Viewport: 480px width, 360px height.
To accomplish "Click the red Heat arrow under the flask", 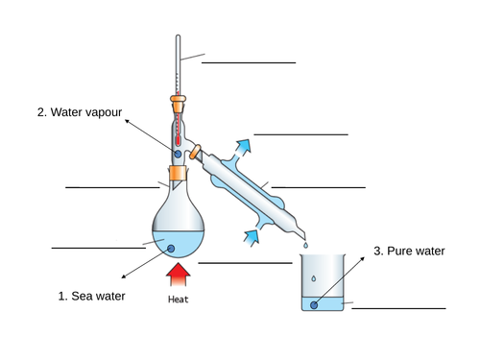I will coord(178,276).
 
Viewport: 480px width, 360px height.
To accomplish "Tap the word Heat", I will coord(178,300).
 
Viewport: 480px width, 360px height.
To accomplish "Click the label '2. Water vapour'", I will coord(80,112).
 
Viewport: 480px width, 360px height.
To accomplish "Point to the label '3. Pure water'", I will coord(410,252).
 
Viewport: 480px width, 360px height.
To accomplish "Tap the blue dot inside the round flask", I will coord(173,250).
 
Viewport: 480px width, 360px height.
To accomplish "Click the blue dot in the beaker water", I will coord(314,306).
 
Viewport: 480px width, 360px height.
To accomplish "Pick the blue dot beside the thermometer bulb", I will coord(177,154).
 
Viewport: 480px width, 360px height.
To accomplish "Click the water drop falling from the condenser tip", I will coord(305,245).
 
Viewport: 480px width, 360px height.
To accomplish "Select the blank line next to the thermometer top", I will coord(249,62).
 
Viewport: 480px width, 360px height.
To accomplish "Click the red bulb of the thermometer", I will coord(178,133).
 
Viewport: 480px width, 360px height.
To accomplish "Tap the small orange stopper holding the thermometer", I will coord(178,99).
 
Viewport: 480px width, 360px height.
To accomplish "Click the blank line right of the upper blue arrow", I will coord(300,135).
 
